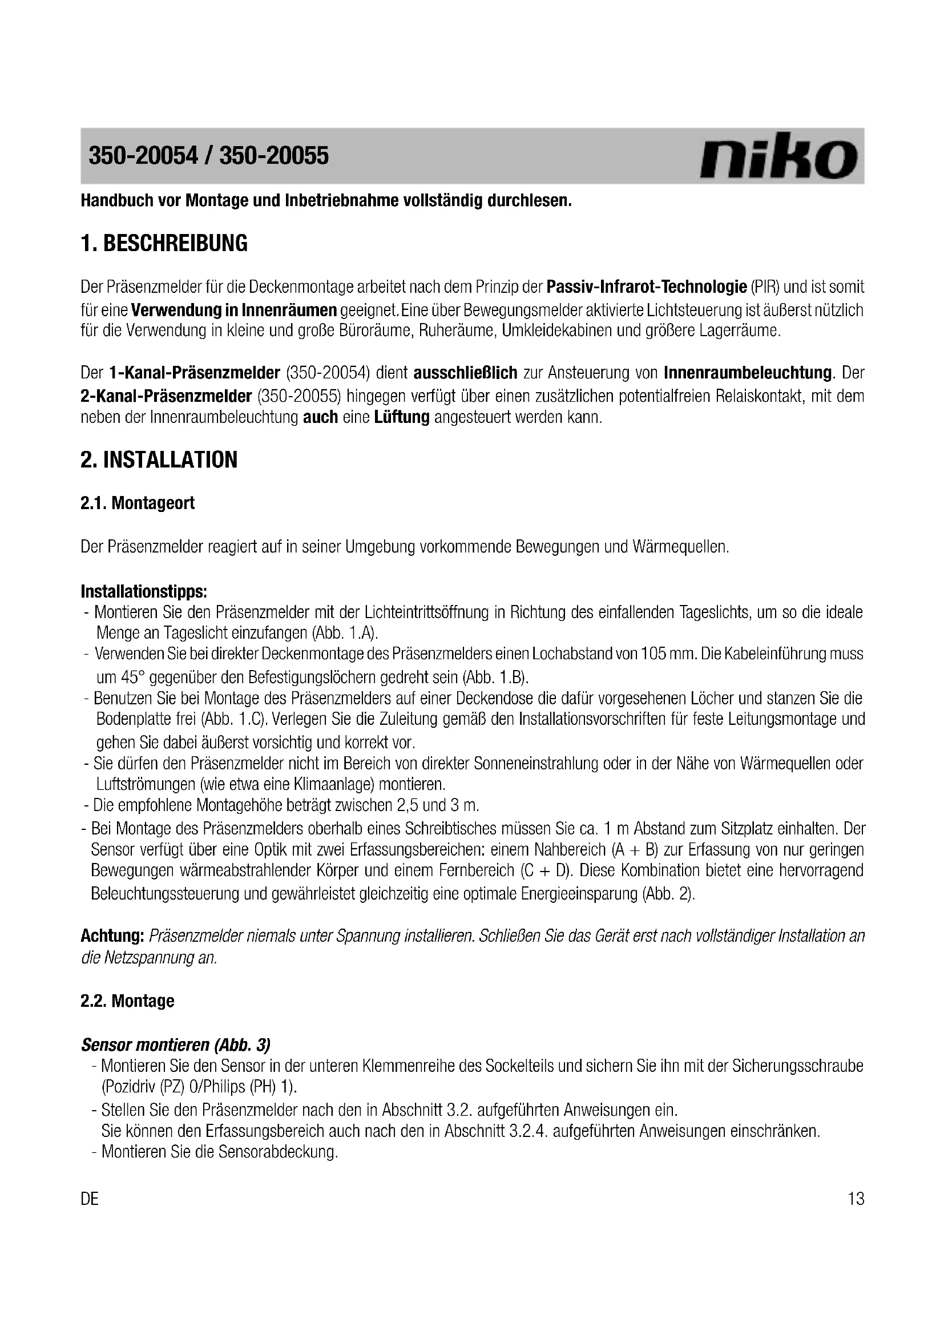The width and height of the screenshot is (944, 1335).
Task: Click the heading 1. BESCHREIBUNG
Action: tap(164, 243)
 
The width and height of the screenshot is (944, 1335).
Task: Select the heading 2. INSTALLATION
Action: tap(159, 460)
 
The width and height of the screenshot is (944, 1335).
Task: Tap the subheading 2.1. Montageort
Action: tap(137, 503)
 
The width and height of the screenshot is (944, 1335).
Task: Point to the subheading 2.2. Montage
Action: tap(127, 1001)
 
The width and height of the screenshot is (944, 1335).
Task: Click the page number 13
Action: tap(856, 1199)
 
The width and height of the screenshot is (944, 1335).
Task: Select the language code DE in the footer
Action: tap(90, 1199)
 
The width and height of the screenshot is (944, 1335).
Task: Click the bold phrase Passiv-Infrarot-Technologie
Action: tap(647, 287)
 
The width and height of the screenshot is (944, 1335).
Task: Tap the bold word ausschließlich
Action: tap(465, 372)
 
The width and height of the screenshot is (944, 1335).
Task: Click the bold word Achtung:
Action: tap(112, 935)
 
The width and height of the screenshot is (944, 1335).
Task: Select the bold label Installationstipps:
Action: tap(144, 592)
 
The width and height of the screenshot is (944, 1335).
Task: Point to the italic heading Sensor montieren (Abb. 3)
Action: tap(176, 1045)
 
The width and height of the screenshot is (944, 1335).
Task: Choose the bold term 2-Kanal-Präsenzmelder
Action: tap(166, 396)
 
